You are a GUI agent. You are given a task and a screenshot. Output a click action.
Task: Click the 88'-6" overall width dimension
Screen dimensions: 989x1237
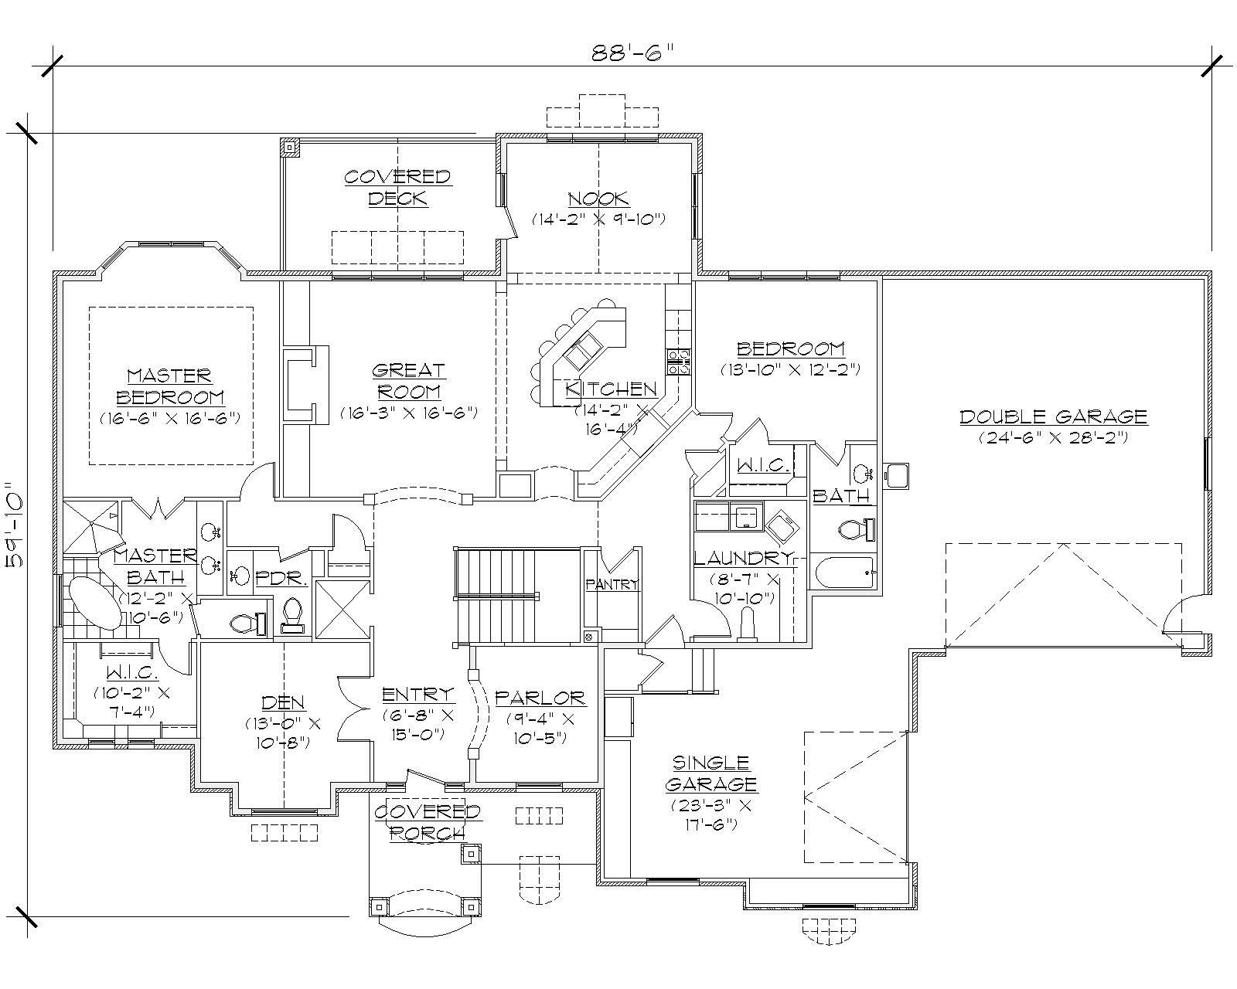(x=632, y=53)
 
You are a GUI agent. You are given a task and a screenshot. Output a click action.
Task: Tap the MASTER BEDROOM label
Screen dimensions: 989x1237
(x=169, y=386)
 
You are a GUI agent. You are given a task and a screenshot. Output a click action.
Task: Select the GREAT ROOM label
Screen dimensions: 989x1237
(x=408, y=381)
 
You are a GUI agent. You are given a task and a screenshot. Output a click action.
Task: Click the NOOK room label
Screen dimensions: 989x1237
(x=598, y=199)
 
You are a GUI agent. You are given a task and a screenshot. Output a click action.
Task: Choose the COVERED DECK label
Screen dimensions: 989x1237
(x=397, y=187)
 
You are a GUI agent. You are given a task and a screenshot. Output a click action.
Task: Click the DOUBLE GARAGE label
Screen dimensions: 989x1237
(x=1053, y=417)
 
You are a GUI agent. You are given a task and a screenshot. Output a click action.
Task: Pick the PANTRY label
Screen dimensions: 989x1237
(x=612, y=585)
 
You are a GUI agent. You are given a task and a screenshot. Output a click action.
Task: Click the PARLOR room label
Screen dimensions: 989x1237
(x=540, y=698)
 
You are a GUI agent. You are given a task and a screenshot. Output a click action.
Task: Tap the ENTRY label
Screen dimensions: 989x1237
(x=418, y=695)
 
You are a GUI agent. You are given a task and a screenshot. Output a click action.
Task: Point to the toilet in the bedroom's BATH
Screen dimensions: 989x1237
(x=856, y=530)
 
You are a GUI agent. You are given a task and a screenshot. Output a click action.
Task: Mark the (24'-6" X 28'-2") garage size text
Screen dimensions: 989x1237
(x=1053, y=437)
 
